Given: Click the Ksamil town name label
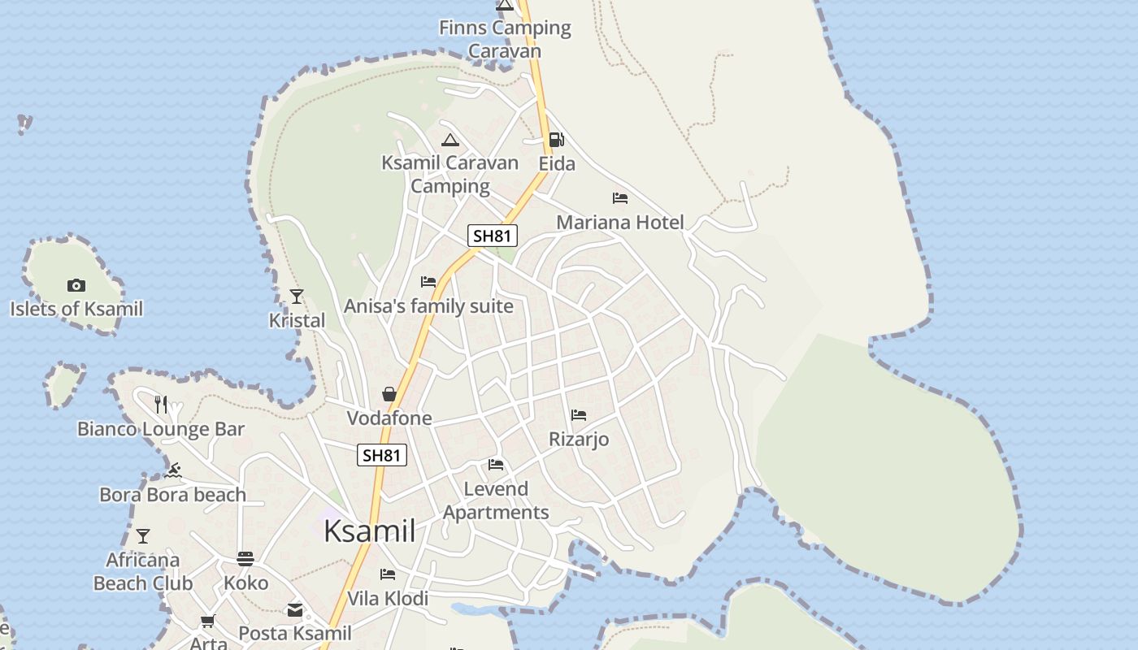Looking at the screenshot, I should (370, 531).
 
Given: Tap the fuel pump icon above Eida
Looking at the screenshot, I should (556, 140).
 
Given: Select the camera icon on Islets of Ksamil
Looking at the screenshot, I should (76, 285).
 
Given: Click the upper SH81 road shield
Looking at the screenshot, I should (493, 236).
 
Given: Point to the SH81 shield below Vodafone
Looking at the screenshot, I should (381, 455).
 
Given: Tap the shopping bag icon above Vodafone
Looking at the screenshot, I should (389, 394).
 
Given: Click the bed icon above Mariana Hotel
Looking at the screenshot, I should (620, 198).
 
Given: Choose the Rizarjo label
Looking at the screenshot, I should (579, 440).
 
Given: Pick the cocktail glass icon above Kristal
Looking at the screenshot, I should (297, 297).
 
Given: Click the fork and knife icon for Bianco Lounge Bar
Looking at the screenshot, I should (161, 404).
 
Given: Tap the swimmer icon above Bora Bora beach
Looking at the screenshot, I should (173, 470).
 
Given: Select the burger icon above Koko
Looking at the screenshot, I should (245, 559).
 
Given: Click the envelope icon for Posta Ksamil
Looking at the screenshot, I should (294, 609).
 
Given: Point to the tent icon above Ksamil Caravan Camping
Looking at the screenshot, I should (450, 140).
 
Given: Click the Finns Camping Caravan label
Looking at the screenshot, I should (505, 39).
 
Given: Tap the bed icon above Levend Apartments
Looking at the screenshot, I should (496, 465).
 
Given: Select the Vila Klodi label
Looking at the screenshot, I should (388, 599).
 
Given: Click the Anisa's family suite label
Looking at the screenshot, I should (428, 306).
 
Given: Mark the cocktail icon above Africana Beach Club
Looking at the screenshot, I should (143, 535).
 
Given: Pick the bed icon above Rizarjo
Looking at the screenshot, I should (579, 415).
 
